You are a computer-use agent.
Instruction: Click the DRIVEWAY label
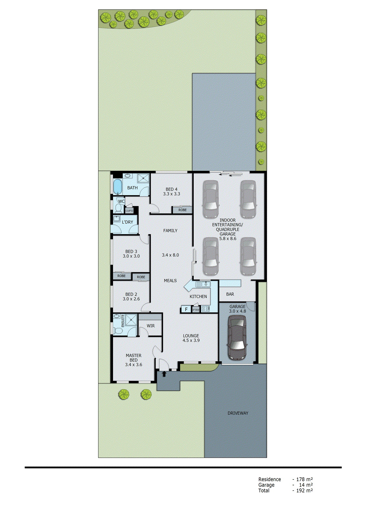(x=238, y=413)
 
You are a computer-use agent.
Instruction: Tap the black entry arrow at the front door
(x=164, y=374)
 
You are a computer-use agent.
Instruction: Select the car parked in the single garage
(x=237, y=338)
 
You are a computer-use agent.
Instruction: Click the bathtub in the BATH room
(x=117, y=187)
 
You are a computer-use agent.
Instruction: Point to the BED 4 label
(x=171, y=189)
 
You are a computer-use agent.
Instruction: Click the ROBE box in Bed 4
(x=182, y=210)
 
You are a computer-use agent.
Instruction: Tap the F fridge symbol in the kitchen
(x=186, y=309)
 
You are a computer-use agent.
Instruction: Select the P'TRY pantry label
(x=196, y=310)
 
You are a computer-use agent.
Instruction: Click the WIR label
(x=151, y=326)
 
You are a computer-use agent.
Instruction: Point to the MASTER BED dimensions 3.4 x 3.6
(x=134, y=365)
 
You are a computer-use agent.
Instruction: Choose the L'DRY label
(x=127, y=222)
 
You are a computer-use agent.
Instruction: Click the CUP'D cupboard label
(x=129, y=211)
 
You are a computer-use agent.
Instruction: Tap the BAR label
(x=230, y=294)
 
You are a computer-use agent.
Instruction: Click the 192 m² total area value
(x=304, y=491)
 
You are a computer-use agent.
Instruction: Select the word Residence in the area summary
(x=269, y=479)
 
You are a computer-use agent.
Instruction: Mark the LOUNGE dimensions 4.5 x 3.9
(x=191, y=340)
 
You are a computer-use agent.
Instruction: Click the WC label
(x=121, y=202)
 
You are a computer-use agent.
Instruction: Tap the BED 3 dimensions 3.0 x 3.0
(x=131, y=256)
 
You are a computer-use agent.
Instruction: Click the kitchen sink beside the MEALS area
(x=203, y=284)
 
